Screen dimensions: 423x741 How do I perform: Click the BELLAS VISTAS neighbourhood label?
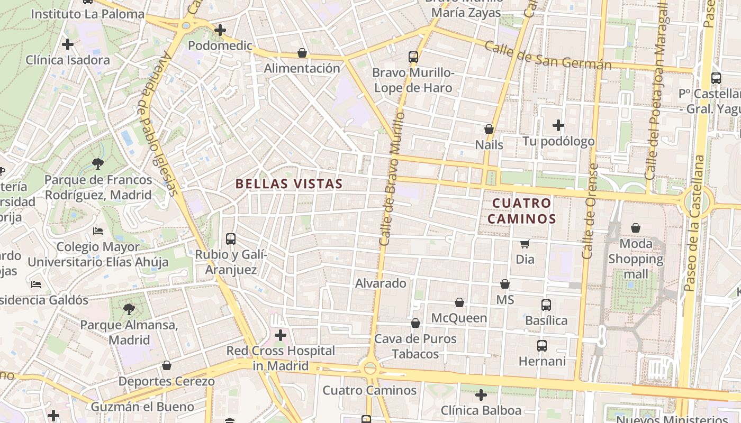point(289,184)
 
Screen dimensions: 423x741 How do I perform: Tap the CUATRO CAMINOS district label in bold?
point(521,211)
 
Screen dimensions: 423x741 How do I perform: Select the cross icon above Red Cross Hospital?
point(281,335)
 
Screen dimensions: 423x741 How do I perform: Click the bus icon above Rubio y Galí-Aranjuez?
point(231,238)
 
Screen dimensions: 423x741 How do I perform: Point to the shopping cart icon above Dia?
point(525,244)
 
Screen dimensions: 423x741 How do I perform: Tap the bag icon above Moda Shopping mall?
point(636,228)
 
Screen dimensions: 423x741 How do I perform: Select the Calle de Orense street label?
point(590,212)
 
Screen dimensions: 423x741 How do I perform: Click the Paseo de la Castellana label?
point(694,222)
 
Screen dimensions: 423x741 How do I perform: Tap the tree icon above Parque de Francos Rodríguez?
point(97,164)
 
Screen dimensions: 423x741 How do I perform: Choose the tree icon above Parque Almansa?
point(129,309)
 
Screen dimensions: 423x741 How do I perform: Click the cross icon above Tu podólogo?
point(558,125)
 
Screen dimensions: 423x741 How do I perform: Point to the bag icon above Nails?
point(489,129)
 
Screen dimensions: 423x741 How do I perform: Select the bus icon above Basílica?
point(546,305)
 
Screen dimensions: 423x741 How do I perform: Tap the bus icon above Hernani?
point(542,346)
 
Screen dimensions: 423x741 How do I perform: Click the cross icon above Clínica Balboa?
point(481,395)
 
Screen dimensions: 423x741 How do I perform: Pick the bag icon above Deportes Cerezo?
point(167,365)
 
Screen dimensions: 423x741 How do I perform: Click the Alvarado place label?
point(381,283)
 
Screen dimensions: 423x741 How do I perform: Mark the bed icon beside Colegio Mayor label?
point(98,231)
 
